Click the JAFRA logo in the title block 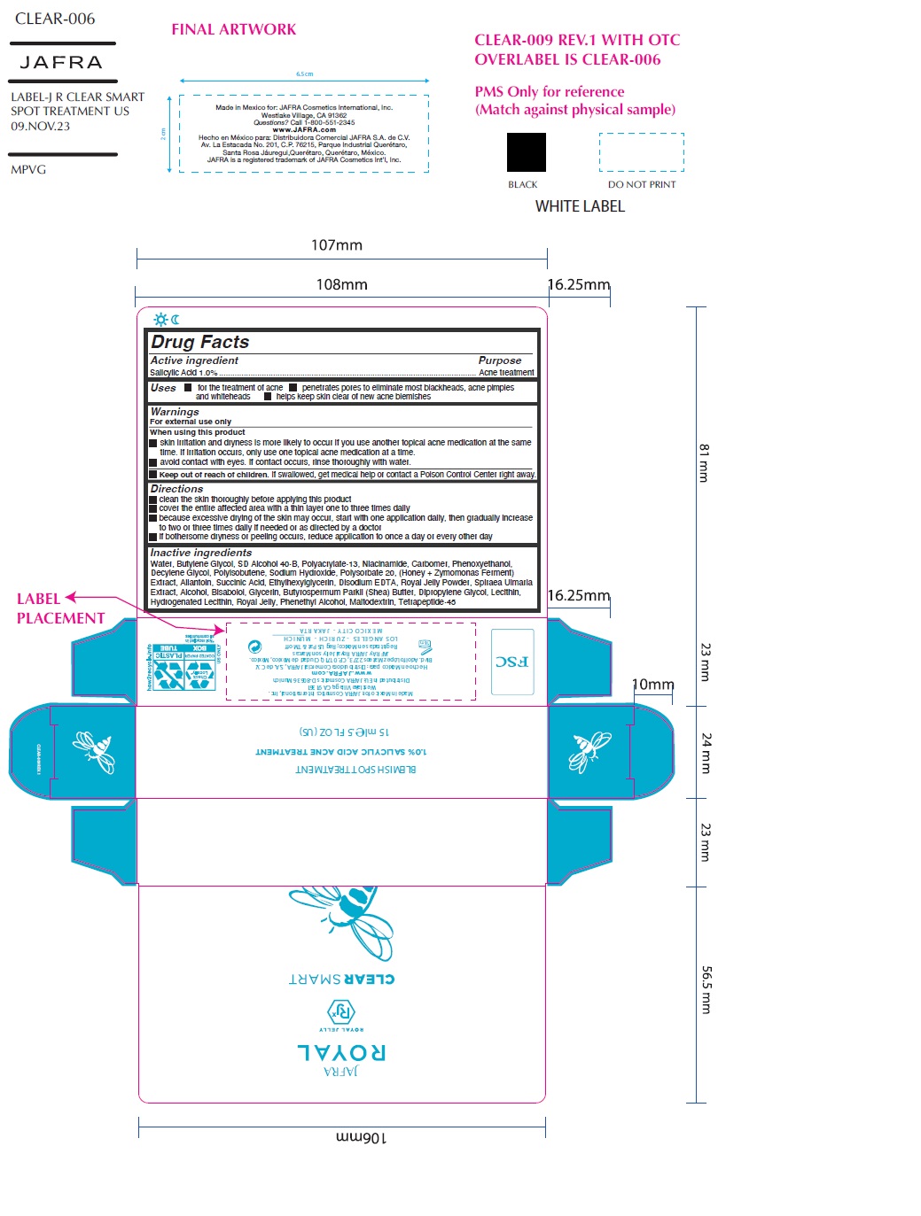(x=61, y=62)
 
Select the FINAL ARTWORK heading (x=234, y=29)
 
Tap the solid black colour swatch (x=526, y=152)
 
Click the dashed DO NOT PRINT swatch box (x=641, y=152)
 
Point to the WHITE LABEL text (x=580, y=206)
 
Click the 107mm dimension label (x=336, y=245)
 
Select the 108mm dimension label (x=341, y=284)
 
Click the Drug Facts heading (x=200, y=342)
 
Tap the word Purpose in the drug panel (x=500, y=360)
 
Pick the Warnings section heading (x=175, y=412)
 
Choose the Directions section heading (x=176, y=489)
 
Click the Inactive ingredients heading (x=200, y=553)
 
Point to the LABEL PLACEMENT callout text (x=60, y=608)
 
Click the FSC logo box (x=512, y=662)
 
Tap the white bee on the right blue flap (x=591, y=751)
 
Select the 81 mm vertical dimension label (x=704, y=462)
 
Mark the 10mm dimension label (x=652, y=685)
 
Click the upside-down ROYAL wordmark (x=341, y=1052)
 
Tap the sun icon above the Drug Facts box (x=160, y=320)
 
